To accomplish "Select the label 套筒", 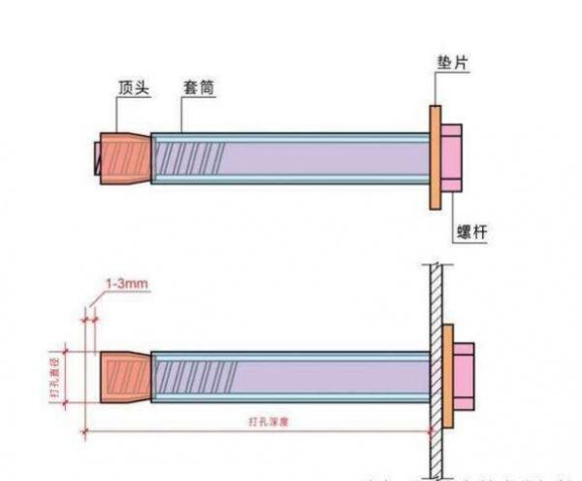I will pos(197,86).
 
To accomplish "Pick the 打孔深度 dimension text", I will pos(268,421).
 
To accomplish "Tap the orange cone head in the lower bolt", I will pos(124,377).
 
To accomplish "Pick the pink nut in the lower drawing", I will pos(462,375).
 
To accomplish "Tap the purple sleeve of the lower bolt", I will pos(320,377).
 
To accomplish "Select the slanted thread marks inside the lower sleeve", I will pos(189,377).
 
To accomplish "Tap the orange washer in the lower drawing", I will pos(448,375).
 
